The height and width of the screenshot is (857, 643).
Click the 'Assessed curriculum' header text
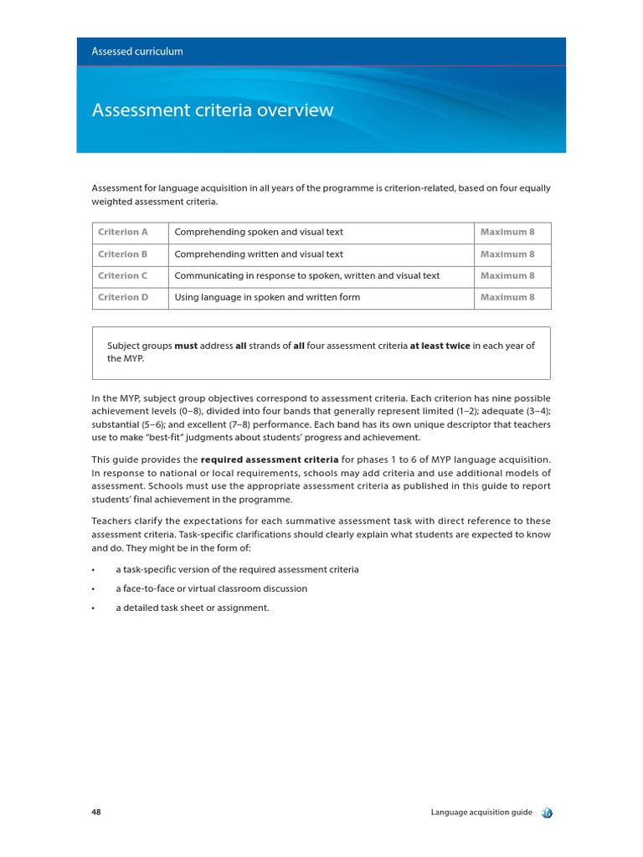click(x=137, y=52)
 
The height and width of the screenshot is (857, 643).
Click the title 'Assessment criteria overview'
click(x=212, y=110)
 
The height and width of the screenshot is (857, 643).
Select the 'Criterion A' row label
click(x=122, y=233)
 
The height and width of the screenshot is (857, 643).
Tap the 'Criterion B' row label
click(x=122, y=254)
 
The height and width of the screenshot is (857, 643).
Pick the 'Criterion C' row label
click(x=122, y=276)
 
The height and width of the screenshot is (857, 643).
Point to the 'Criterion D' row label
click(x=122, y=298)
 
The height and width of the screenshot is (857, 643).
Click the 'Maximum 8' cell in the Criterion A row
click(x=507, y=233)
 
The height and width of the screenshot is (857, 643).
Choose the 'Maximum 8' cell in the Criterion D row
click(x=507, y=298)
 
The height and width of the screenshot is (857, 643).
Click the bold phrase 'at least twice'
click(x=440, y=346)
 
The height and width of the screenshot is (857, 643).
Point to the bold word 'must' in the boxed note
click(x=186, y=346)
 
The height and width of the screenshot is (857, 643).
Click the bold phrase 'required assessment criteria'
click(x=270, y=460)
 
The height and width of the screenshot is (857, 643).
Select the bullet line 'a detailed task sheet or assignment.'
click(x=193, y=608)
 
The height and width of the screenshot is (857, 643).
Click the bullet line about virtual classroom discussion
click(x=211, y=589)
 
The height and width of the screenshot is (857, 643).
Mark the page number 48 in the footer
click(x=96, y=813)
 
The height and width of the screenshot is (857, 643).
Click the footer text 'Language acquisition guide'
click(x=481, y=813)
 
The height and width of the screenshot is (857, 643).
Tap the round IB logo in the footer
click(x=547, y=813)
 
